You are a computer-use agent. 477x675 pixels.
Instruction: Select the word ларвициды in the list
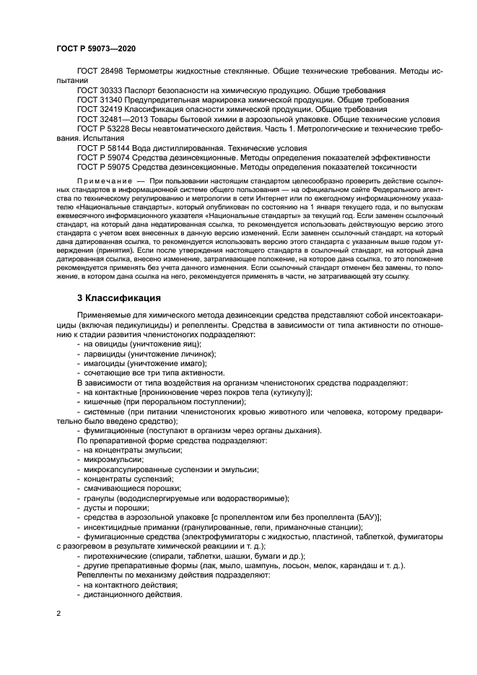click(x=105, y=354)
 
